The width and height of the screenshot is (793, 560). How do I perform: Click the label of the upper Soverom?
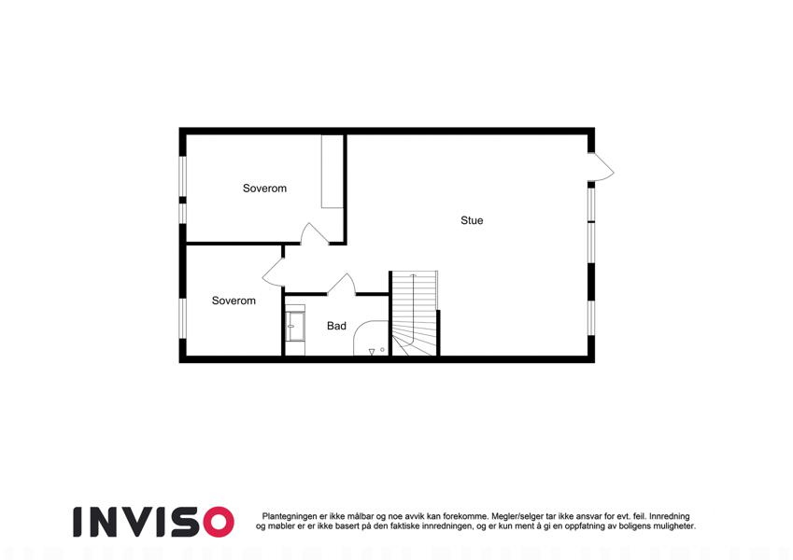264,189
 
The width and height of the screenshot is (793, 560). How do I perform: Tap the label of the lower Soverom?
234,301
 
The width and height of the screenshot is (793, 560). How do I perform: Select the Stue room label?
472,220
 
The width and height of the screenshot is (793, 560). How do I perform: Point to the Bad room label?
336,326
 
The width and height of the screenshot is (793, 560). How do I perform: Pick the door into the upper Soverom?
315,234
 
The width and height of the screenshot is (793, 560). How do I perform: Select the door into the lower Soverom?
273,273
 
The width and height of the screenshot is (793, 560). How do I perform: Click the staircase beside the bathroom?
414,314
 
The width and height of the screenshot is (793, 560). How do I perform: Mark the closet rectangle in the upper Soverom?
333,172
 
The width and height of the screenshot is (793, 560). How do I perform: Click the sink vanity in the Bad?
295,327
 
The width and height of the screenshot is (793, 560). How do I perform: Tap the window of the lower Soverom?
183,318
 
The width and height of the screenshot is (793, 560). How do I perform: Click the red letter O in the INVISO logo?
219,522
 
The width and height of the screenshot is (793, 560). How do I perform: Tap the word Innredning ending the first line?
670,516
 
